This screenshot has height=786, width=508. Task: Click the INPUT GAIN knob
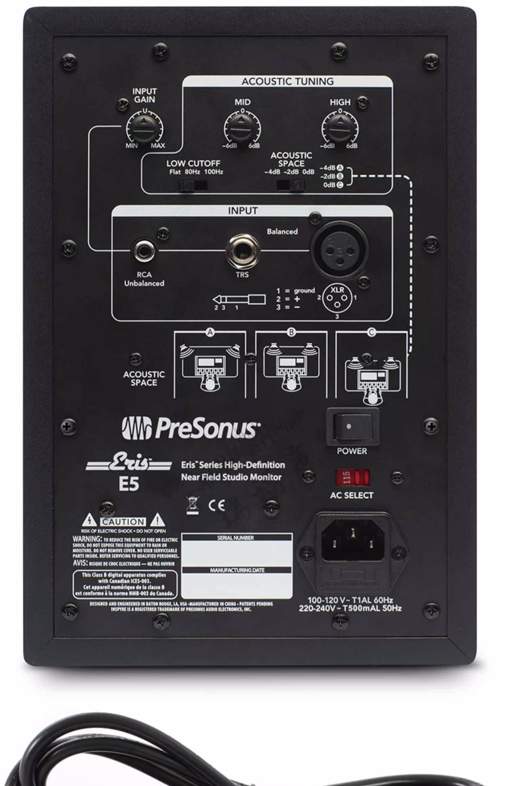point(145,128)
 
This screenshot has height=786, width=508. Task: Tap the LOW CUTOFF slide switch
point(193,185)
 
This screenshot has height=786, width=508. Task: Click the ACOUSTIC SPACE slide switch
point(291,185)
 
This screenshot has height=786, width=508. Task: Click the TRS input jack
point(242,251)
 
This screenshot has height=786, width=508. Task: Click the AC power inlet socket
point(352,541)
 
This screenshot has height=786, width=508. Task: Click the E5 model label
point(128,484)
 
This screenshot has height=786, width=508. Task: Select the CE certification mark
point(216,506)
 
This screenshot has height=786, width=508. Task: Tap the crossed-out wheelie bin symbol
point(193,506)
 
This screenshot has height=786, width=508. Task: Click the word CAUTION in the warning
point(123,522)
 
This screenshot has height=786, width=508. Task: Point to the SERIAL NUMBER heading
point(236,538)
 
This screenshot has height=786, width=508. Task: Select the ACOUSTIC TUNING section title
point(288,82)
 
